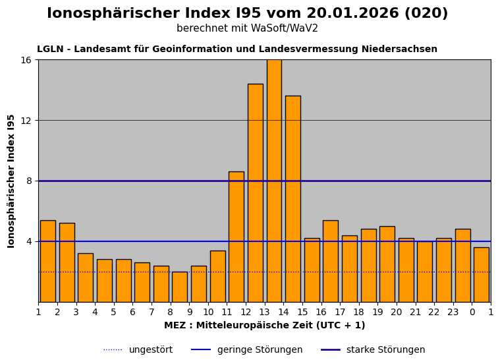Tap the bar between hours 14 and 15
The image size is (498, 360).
[x=292, y=198]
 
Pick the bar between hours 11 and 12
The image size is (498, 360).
[x=236, y=237]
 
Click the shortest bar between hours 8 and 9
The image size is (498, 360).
[x=179, y=287]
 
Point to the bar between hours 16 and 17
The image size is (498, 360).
[x=330, y=261]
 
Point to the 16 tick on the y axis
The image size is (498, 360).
[x=26, y=60]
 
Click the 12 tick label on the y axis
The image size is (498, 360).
[x=26, y=121]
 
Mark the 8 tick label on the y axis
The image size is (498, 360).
[x=28, y=181]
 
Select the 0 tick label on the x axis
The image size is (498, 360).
[x=472, y=313]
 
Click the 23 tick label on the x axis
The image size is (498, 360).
[x=453, y=313]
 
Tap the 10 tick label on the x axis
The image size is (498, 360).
[x=208, y=313]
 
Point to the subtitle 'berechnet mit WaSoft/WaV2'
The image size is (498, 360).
[x=247, y=29]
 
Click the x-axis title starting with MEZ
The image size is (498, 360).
[x=264, y=326]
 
